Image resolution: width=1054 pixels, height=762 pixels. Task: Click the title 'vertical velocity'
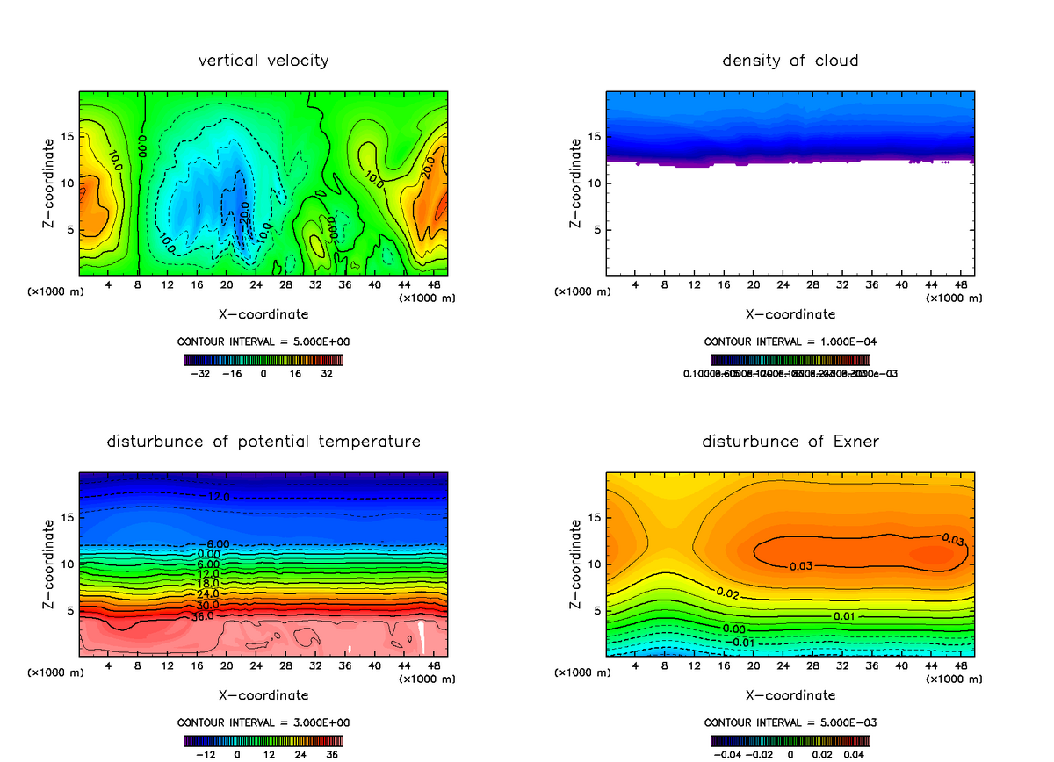point(263,61)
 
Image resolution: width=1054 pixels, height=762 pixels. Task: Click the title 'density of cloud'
point(790,61)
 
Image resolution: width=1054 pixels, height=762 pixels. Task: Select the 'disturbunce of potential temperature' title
point(263,441)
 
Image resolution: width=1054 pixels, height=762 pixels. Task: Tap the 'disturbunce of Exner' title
point(790,441)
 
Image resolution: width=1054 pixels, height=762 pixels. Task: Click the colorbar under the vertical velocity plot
point(263,359)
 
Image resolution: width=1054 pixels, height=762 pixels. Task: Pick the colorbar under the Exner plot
point(790,740)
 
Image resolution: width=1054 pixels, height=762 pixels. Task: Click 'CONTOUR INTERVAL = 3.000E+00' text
point(263,722)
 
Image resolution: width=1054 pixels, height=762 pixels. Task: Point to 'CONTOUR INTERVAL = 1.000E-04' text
point(790,341)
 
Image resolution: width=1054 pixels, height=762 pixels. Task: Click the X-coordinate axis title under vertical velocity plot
point(263,313)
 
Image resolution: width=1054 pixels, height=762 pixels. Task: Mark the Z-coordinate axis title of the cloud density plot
point(576,183)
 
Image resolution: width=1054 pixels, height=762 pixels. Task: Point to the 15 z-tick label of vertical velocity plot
point(68,137)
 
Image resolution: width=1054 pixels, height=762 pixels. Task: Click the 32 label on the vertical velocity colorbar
point(326,373)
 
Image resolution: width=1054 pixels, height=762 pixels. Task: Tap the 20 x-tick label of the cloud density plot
point(754,285)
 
